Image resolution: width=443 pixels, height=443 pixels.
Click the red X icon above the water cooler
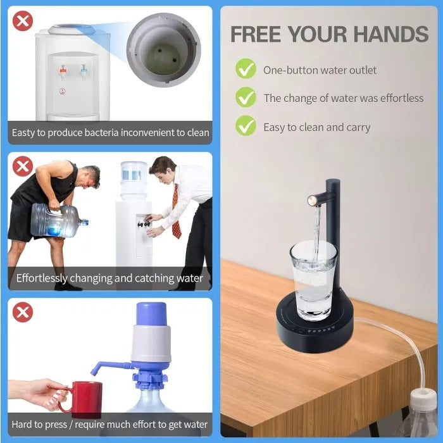click(x=23, y=21)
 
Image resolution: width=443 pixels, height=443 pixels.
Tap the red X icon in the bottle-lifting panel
click(x=23, y=167)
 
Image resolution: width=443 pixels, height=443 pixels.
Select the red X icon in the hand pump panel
click(x=23, y=312)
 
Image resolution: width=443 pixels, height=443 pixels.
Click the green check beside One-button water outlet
click(x=246, y=69)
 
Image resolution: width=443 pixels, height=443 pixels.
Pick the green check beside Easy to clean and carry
click(x=246, y=126)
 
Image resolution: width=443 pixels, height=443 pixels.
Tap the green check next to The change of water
click(x=246, y=97)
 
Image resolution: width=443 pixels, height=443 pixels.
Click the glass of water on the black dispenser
click(x=313, y=278)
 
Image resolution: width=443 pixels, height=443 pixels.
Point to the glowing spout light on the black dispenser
click(x=313, y=201)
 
